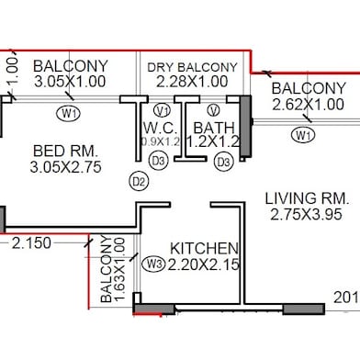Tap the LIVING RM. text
click(305, 197)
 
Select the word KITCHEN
click(206, 249)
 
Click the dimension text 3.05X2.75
click(65, 167)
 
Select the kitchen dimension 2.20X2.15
click(205, 265)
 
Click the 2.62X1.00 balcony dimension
click(309, 105)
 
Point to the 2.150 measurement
click(31, 244)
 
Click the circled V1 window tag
click(163, 111)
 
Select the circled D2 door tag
click(139, 181)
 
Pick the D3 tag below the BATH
click(221, 163)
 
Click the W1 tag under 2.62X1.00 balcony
click(302, 135)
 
